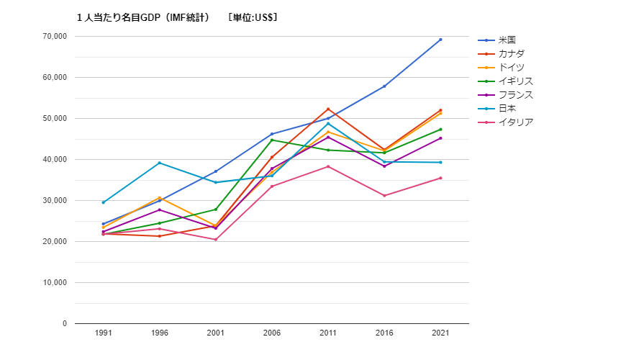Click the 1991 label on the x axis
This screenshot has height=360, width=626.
pyautogui.click(x=103, y=334)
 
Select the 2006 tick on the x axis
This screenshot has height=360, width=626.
pyautogui.click(x=271, y=334)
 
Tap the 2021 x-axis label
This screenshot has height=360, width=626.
pyautogui.click(x=440, y=334)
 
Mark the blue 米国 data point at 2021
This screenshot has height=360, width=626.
pyautogui.click(x=440, y=40)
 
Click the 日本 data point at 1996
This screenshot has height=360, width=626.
pyautogui.click(x=159, y=163)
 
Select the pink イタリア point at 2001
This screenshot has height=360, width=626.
pyautogui.click(x=215, y=240)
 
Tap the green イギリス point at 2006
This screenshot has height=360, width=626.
pyautogui.click(x=271, y=140)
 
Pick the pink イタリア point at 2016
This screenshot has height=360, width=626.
pyautogui.click(x=384, y=196)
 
